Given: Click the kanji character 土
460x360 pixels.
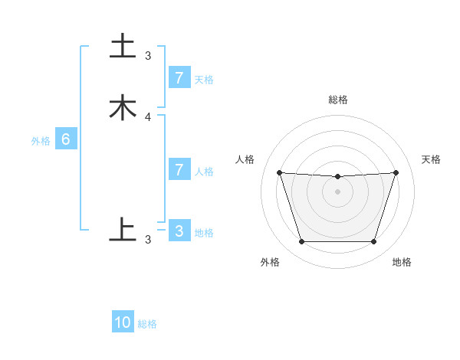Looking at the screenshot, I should pyautogui.click(x=123, y=46).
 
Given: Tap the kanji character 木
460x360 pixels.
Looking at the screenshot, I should pyautogui.click(x=123, y=107).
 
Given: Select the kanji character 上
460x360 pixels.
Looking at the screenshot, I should pyautogui.click(x=123, y=229).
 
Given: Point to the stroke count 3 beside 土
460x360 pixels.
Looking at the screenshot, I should pyautogui.click(x=148, y=56).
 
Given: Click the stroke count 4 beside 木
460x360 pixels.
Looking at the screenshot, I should pyautogui.click(x=148, y=117).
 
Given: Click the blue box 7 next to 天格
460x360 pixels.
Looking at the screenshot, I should pyautogui.click(x=179, y=78).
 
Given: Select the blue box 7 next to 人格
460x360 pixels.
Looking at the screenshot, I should pyautogui.click(x=179, y=170).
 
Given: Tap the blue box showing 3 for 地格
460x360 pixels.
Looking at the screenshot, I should pyautogui.click(x=179, y=231).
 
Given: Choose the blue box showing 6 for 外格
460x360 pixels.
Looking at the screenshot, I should pyautogui.click(x=66, y=139).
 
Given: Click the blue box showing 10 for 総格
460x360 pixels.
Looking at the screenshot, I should pyautogui.click(x=123, y=322).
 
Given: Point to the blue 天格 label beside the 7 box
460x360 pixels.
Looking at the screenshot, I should pyautogui.click(x=204, y=80).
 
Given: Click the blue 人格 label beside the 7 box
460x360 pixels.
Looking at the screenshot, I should pyautogui.click(x=204, y=172).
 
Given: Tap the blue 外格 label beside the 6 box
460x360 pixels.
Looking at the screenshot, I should pyautogui.click(x=41, y=141).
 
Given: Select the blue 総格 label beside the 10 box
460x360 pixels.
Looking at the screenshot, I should pyautogui.click(x=147, y=324).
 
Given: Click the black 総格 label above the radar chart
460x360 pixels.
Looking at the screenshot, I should pyautogui.click(x=338, y=100).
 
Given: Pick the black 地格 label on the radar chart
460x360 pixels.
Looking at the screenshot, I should pyautogui.click(x=402, y=262).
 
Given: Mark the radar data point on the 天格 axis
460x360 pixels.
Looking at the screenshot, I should pyautogui.click(x=396, y=172).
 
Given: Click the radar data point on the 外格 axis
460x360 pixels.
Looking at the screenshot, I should pyautogui.click(x=301, y=242).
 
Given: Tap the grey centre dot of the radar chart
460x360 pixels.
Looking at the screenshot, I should pyautogui.click(x=337, y=191).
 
